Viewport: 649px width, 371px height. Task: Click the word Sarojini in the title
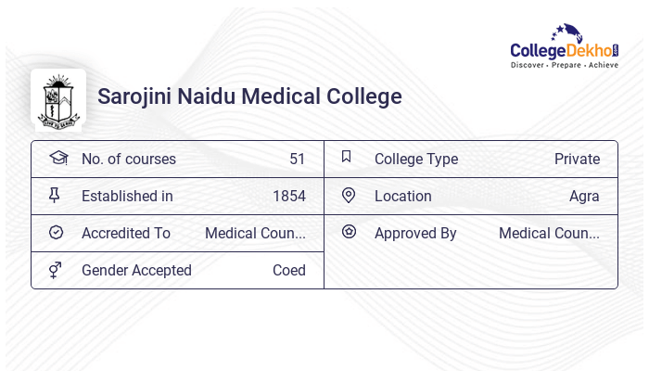point(136,96)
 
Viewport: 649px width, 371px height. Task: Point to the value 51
point(297,159)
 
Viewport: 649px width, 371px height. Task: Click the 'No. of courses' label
point(128,159)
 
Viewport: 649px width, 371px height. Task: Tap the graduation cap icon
point(58,158)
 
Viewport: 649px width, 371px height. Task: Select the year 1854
point(288,196)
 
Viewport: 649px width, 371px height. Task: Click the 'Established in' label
point(127,196)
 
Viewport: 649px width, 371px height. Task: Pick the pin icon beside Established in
point(55,195)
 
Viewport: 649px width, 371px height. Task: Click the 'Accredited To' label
point(125,233)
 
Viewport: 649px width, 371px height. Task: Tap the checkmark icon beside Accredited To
point(56,233)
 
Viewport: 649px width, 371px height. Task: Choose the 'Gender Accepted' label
point(136,270)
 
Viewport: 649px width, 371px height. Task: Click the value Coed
point(288,270)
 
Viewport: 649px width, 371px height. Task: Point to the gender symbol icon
point(56,270)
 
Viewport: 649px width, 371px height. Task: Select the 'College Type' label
point(415,159)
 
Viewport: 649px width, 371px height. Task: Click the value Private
point(577,159)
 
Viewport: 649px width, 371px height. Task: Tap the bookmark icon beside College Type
point(346,157)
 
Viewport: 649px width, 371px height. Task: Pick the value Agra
point(584,196)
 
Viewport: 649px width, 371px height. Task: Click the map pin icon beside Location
point(349,195)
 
